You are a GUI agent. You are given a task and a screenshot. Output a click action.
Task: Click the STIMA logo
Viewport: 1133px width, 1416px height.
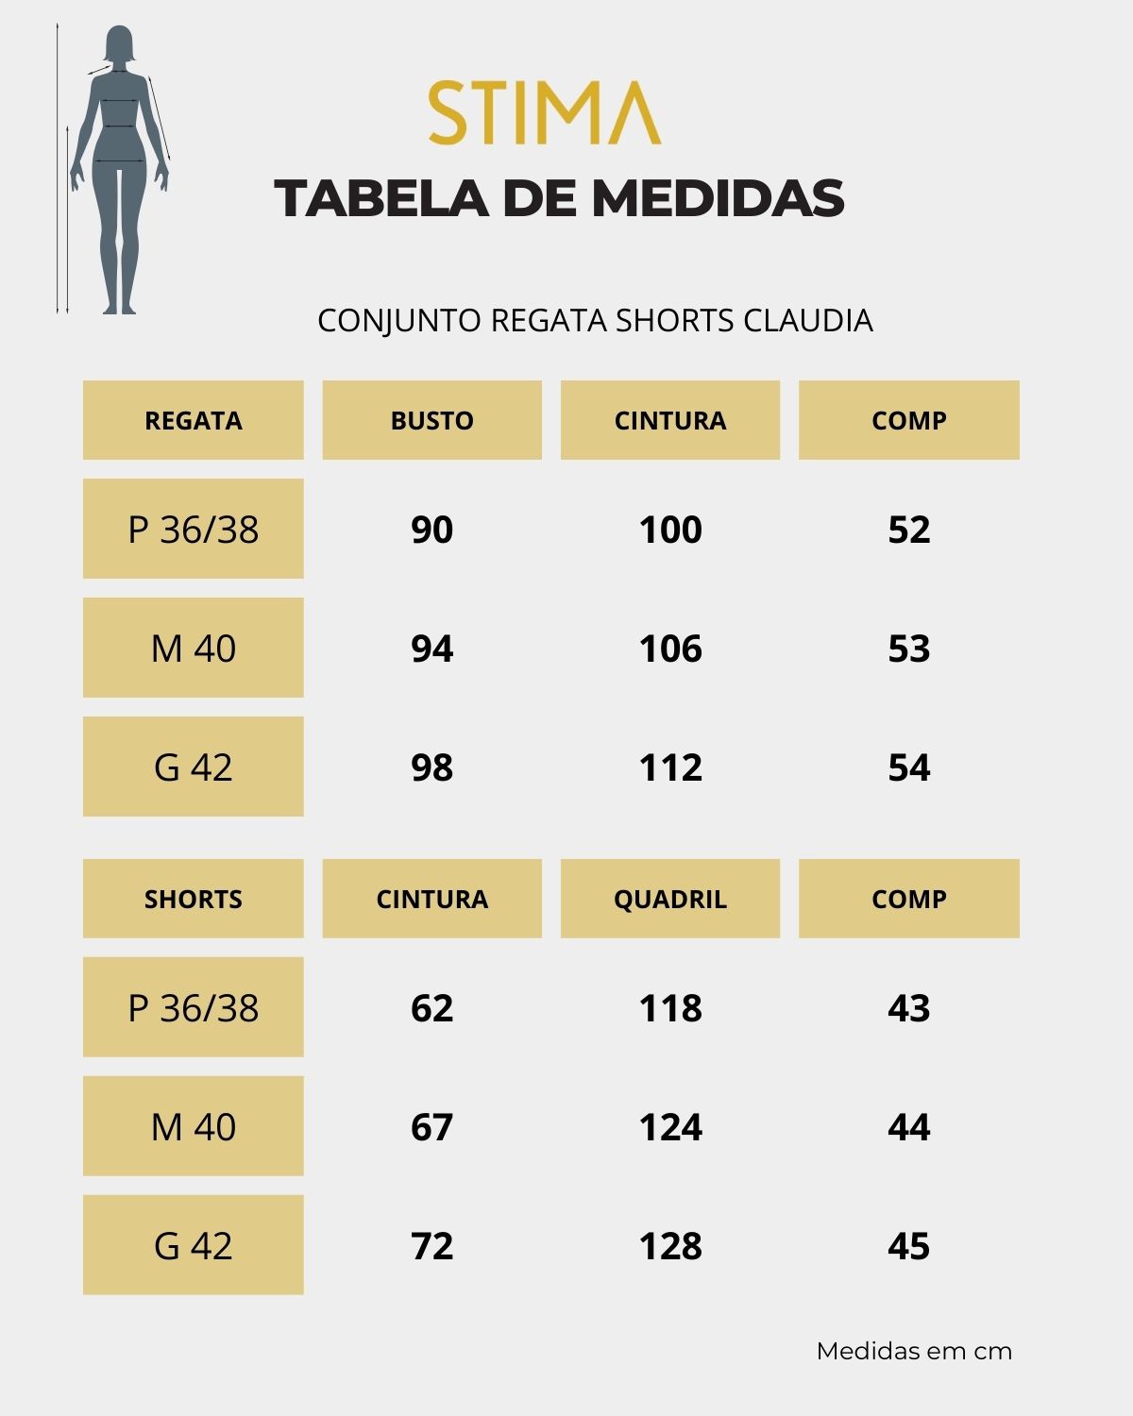545,112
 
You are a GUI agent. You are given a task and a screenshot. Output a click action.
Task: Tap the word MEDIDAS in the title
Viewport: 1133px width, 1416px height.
718,198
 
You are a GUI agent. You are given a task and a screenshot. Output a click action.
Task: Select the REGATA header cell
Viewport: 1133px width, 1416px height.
194,420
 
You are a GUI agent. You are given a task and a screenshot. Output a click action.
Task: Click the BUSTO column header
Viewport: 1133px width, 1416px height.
431,420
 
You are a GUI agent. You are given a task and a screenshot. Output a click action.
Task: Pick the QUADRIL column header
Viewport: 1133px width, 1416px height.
670,899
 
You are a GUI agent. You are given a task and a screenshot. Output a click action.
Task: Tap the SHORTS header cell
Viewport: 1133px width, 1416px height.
194,899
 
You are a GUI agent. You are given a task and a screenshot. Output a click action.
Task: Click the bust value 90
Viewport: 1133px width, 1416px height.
431,530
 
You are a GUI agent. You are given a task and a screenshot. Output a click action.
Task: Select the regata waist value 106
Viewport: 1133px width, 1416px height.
670,649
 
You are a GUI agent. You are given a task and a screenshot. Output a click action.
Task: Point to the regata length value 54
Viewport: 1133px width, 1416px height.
908,767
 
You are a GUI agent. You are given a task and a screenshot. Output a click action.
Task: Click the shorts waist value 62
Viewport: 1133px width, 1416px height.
431,1008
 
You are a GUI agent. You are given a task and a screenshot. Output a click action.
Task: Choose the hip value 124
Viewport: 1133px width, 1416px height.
670,1127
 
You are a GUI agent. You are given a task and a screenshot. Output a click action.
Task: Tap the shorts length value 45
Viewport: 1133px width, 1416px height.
908,1246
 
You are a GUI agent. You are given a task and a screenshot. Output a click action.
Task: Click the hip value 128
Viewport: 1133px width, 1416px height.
670,1246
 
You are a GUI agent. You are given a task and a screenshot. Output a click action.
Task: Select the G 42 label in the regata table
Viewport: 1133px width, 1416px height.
194,767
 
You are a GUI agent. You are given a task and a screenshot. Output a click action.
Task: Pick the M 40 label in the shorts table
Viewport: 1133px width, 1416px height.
194,1127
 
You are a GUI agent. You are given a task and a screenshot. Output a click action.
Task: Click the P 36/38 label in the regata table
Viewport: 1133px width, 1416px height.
194,530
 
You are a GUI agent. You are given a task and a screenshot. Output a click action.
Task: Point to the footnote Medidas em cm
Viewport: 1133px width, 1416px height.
914,1351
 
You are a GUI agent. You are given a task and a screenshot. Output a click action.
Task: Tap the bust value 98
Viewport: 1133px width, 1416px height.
431,767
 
